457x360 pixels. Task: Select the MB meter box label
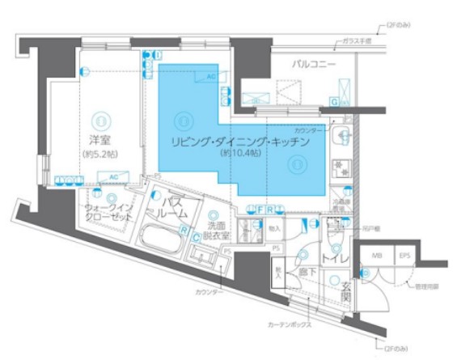point(377,256)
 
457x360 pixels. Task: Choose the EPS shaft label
point(404,256)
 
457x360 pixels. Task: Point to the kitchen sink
point(342,136)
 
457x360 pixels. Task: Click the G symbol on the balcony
point(334,102)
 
